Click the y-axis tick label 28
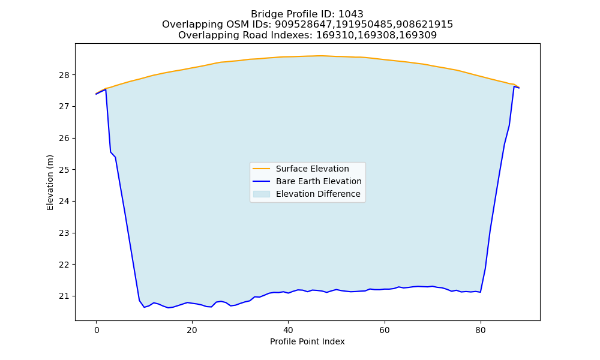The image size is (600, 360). (64, 75)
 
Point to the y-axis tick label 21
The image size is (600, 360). (64, 296)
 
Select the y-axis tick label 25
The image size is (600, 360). (64, 170)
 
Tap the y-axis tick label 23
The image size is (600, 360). (64, 233)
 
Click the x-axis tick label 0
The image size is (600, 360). (96, 331)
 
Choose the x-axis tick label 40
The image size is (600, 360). (288, 331)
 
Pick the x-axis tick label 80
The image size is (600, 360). (481, 331)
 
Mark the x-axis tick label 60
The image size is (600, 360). (385, 331)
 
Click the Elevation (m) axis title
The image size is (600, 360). (50, 182)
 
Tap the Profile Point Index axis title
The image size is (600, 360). (307, 341)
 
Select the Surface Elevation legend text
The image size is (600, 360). (312, 169)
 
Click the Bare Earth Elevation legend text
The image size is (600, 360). (319, 181)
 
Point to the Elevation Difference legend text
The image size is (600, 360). (318, 194)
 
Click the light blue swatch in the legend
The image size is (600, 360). (262, 194)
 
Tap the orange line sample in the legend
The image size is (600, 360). (262, 169)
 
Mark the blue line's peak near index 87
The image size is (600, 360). (514, 86)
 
